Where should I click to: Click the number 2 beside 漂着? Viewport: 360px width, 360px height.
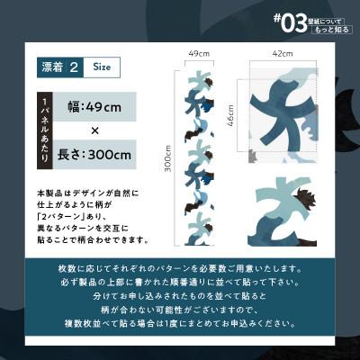point(76,67)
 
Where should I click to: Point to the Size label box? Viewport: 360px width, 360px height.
point(102,67)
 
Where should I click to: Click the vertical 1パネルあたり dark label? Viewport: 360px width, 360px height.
point(46,130)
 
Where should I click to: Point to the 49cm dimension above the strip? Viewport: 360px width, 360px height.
point(199,54)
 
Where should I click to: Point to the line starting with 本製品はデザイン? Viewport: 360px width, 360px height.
point(88,193)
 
